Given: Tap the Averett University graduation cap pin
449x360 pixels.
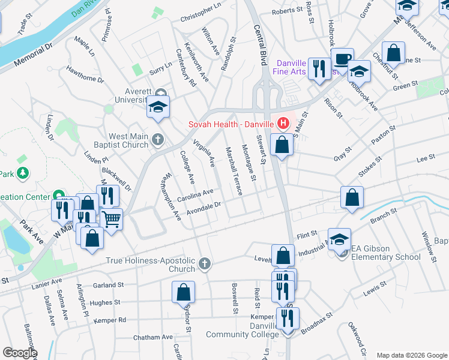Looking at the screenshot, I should pyautogui.click(x=158, y=107).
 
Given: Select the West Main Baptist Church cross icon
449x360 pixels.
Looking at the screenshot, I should pyautogui.click(x=158, y=140).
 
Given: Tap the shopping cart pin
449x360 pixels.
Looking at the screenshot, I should pyautogui.click(x=111, y=218).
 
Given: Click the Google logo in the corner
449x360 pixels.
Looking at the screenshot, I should pyautogui.click(x=19, y=352).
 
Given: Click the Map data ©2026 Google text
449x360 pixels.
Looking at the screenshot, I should pyautogui.click(x=411, y=355).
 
